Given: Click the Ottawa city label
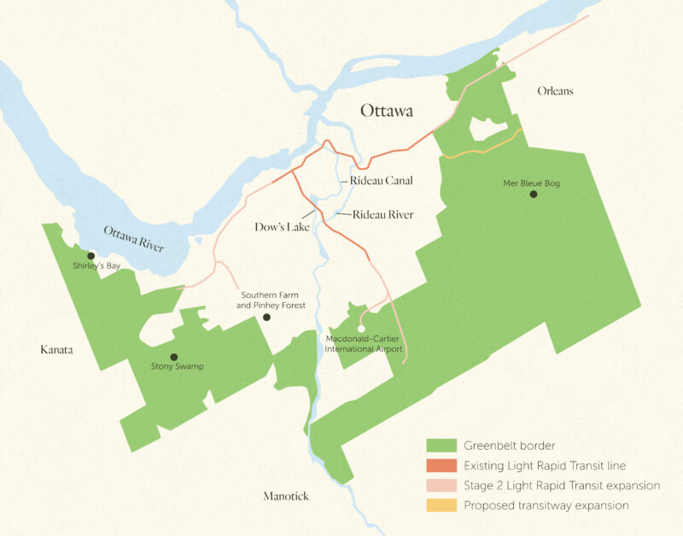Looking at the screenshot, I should click(386, 111).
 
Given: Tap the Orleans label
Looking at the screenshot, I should click(555, 91).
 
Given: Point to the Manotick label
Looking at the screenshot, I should click(286, 496).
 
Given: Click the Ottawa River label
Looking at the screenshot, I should click(134, 240).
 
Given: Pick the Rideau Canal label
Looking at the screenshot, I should click(381, 181).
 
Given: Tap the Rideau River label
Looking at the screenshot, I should click(382, 215).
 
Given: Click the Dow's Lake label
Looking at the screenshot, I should click(282, 228).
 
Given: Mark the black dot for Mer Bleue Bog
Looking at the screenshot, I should click(534, 195).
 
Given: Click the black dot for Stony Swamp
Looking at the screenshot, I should click(174, 357).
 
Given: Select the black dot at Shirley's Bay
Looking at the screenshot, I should click(90, 255).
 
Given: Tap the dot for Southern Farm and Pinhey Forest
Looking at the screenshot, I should click(266, 317).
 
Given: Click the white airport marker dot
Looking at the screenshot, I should click(361, 329).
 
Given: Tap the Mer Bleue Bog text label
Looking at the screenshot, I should click(531, 183).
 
